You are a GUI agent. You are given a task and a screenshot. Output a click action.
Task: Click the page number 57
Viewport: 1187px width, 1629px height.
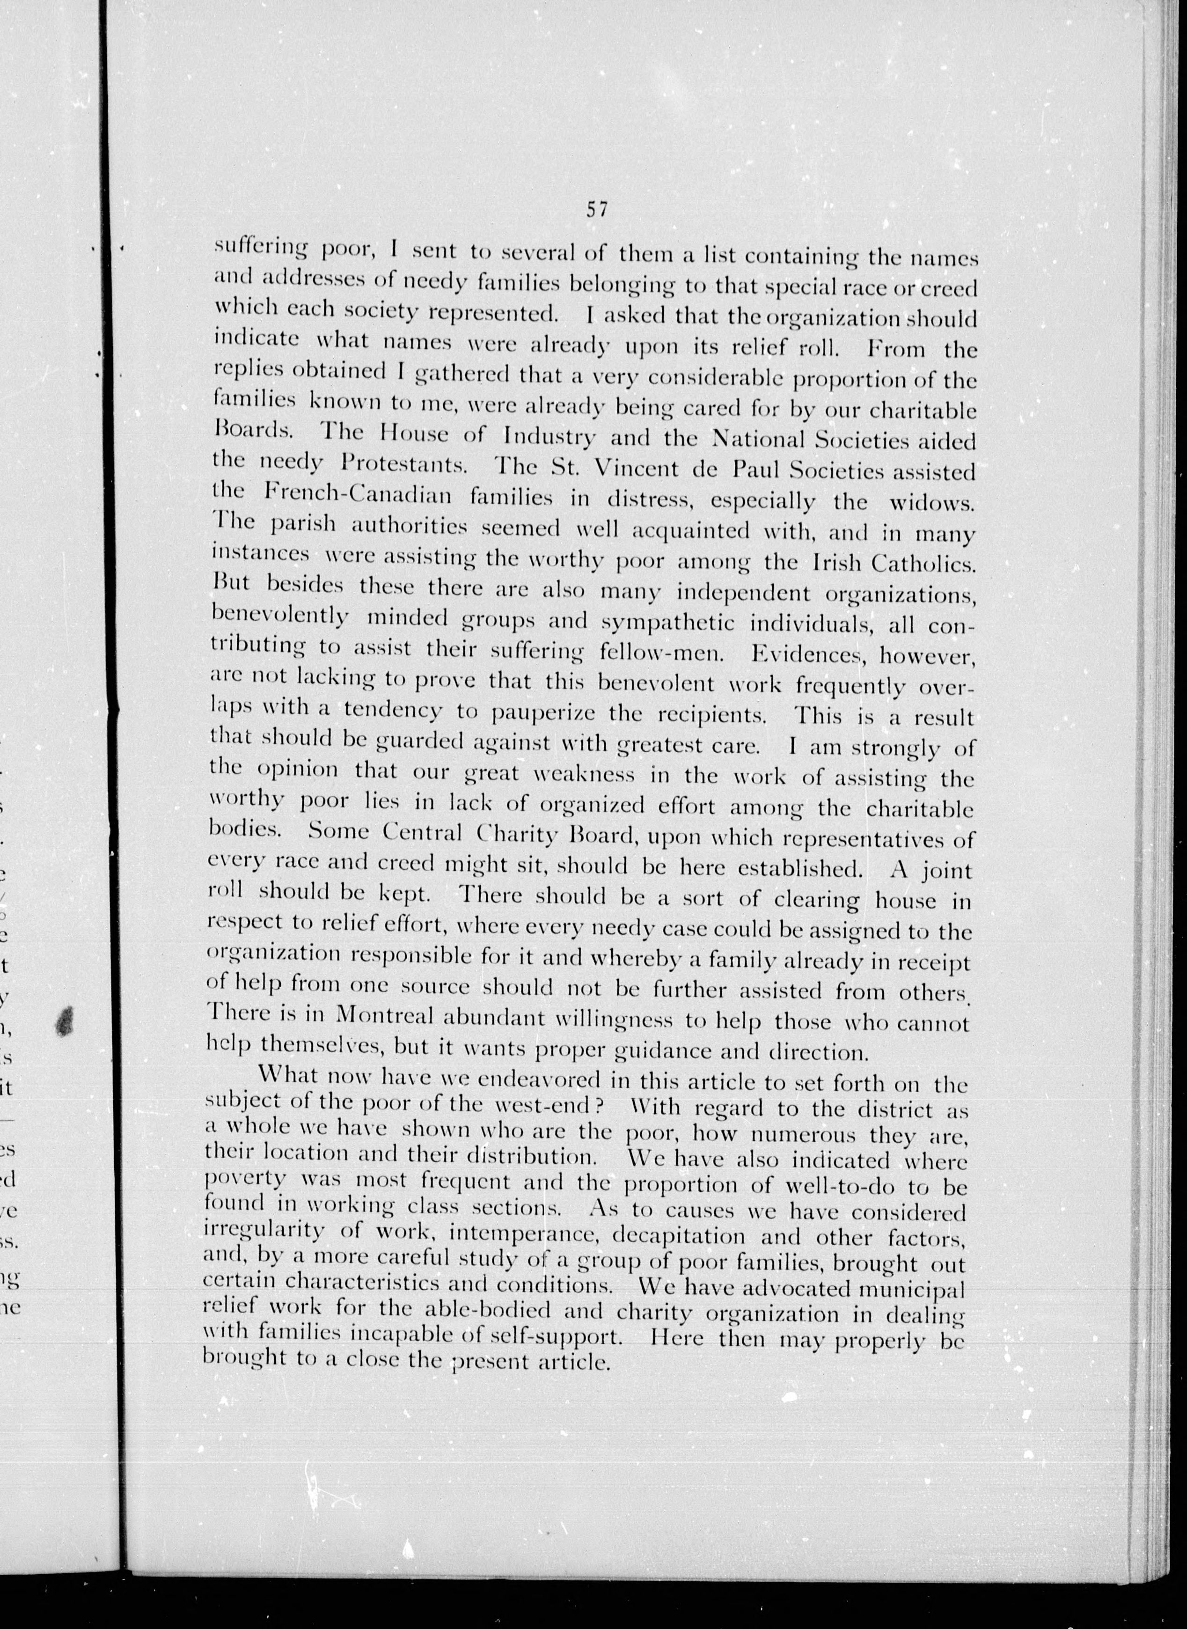(x=597, y=209)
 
